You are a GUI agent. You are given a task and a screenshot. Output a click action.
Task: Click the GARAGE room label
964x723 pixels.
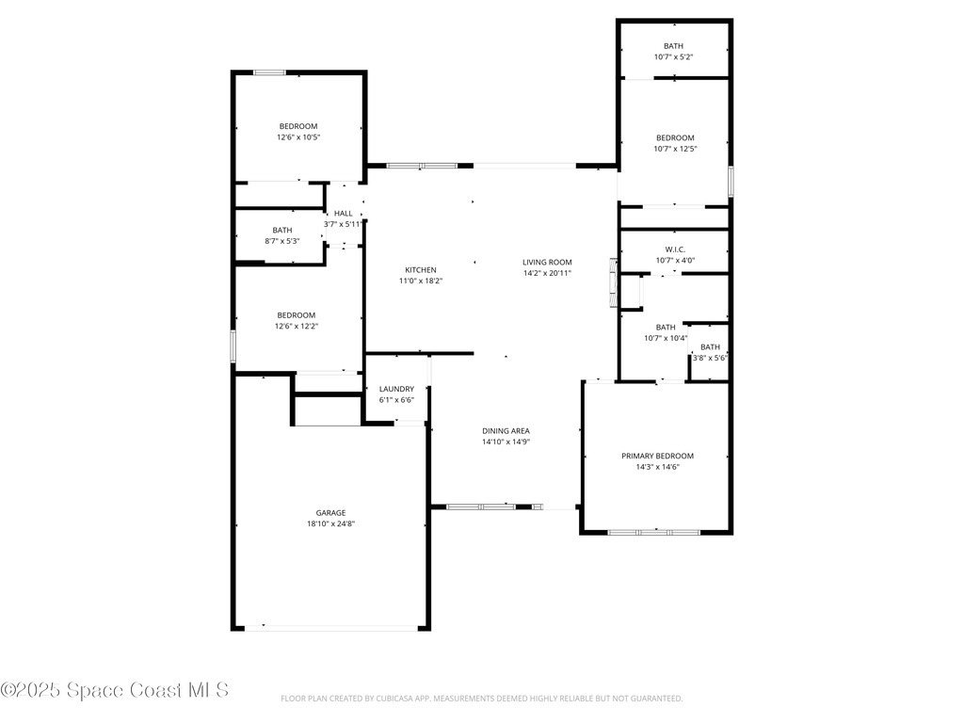[x=330, y=513]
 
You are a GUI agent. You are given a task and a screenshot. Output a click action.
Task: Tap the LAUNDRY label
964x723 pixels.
[x=396, y=389]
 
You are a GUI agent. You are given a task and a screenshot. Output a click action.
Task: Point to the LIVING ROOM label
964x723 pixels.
[x=547, y=263]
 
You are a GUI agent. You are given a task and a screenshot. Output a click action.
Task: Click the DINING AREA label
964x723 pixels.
[x=506, y=430]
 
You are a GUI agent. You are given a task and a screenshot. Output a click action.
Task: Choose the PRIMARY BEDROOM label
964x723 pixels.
[x=657, y=456]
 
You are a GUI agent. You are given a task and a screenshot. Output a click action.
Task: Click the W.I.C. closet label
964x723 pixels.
[x=675, y=249]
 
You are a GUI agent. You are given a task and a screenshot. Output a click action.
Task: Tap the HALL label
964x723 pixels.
[x=343, y=214]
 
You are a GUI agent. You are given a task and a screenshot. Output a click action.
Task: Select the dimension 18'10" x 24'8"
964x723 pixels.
[x=330, y=524]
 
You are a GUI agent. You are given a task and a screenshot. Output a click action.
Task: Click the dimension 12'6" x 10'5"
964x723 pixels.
[x=297, y=137]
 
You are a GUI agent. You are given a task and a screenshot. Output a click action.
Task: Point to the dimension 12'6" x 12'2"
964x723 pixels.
[x=297, y=327]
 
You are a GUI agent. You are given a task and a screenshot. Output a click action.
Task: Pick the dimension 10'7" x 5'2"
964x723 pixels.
[x=674, y=57]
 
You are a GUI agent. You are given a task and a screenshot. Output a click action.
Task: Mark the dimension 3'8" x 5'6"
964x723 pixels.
[x=710, y=358]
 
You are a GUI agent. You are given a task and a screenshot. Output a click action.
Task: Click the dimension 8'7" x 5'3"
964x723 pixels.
[x=282, y=241]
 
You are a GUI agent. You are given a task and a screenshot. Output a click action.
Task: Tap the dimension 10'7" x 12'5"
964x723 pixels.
[x=675, y=149]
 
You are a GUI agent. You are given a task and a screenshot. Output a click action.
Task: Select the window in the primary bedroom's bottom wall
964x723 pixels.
[x=653, y=532]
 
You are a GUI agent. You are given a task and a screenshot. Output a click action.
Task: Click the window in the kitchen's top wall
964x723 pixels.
[x=421, y=166]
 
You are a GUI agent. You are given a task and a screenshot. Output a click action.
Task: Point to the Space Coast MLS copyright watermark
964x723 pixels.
[x=114, y=690]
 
